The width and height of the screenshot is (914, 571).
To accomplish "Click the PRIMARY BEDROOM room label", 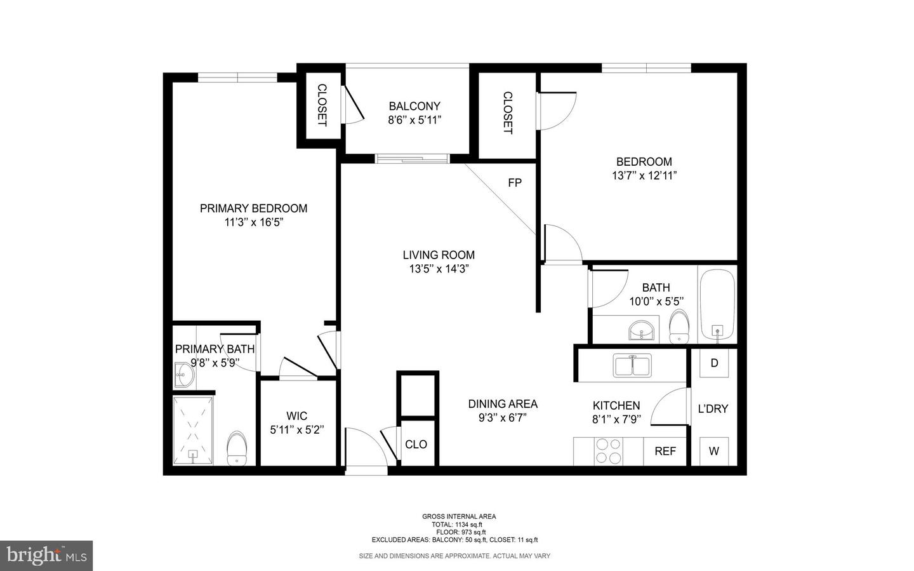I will (253, 208).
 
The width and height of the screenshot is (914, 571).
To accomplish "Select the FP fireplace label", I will (515, 183).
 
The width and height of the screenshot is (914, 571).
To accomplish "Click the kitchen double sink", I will (632, 366).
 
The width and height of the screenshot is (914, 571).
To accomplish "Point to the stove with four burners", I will (607, 451).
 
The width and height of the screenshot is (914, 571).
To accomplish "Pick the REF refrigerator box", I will (665, 451).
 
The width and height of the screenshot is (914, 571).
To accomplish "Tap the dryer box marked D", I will (714, 363).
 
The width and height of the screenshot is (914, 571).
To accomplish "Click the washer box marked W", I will (714, 451).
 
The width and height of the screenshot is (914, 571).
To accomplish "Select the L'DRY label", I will (713, 409).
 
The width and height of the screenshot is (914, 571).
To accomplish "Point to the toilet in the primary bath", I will (237, 448).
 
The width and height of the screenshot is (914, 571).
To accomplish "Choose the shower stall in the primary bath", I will (193, 430).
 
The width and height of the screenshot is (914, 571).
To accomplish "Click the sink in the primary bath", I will (183, 375).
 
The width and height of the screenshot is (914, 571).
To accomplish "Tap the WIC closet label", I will (296, 416).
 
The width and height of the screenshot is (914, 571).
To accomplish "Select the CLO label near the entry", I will (416, 445).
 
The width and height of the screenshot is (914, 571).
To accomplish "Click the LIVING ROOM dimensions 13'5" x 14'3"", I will (439, 269).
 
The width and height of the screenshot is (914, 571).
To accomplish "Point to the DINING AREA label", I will (503, 404).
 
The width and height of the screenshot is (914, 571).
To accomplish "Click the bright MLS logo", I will (46, 556).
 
